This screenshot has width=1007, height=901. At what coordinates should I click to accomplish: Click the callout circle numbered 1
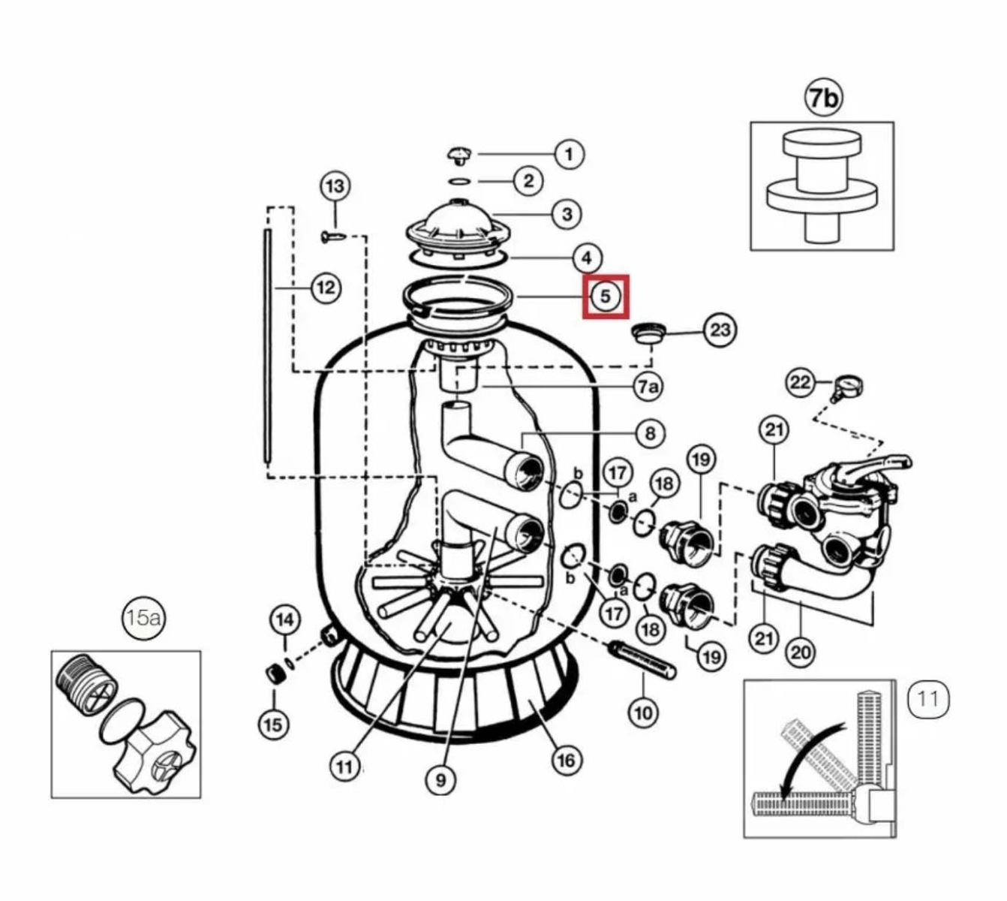[569, 154]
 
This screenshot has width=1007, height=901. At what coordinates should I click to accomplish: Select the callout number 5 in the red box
[606, 297]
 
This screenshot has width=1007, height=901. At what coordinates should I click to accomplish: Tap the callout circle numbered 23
[720, 329]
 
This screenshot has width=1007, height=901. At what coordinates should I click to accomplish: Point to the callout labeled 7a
[648, 386]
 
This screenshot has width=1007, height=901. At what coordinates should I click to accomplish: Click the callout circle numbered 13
[335, 186]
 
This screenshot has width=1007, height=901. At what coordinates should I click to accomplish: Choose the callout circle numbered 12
[326, 288]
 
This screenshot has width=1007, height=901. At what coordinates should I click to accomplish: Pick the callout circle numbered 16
[566, 760]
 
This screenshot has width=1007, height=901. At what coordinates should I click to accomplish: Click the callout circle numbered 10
[643, 712]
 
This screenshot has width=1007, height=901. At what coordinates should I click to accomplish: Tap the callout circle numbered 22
[800, 383]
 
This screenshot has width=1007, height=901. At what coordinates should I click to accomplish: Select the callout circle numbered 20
[801, 652]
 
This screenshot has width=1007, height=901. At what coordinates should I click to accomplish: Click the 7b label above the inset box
[823, 98]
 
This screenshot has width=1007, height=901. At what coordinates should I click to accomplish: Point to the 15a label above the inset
[143, 618]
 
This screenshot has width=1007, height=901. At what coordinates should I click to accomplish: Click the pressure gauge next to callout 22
[847, 387]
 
